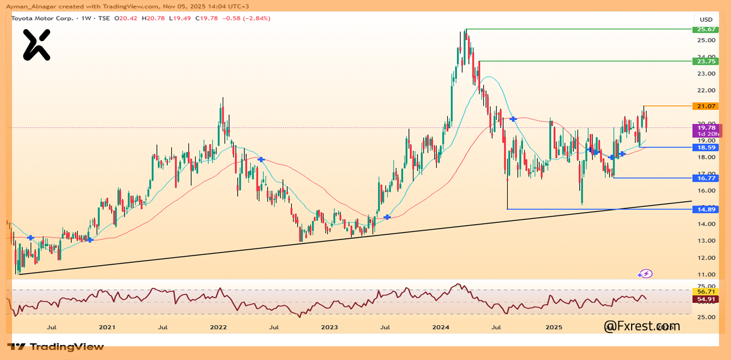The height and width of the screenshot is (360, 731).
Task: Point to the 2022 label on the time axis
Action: click(x=218, y=327)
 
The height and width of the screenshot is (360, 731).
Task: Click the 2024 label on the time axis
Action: click(x=441, y=327)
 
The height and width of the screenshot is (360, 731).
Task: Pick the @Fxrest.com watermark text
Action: click(x=642, y=326)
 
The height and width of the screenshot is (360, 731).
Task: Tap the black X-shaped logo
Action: click(x=37, y=45)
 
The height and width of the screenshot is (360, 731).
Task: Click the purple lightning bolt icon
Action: click(x=645, y=274)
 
